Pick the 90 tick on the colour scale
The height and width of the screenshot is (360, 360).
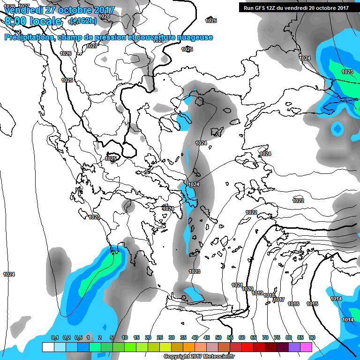[x=312, y=337]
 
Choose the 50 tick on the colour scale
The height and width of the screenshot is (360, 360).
[x=218, y=337]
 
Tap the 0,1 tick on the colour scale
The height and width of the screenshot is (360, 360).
[x=54, y=337]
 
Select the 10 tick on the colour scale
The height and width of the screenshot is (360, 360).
[x=125, y=337]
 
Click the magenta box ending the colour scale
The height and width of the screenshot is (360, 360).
[x=306, y=347]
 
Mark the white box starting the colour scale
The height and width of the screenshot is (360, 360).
[x=48, y=347]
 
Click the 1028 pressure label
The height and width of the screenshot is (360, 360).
[x=105, y=16]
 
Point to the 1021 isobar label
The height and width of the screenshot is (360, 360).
[x=237, y=285]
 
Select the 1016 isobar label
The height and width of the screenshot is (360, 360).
[x=293, y=304]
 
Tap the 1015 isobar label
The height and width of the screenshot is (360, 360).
[x=312, y=304]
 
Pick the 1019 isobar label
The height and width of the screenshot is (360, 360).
[x=257, y=293]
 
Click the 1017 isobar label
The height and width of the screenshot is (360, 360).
[x=279, y=299]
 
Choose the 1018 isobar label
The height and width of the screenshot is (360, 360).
[x=269, y=295]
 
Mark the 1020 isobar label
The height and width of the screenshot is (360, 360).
[x=247, y=289]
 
